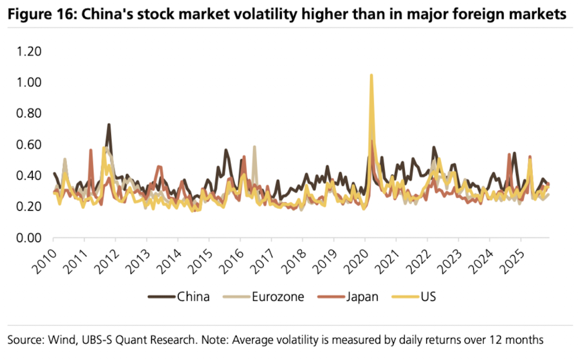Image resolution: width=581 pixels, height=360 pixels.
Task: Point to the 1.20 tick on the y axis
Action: (29, 52)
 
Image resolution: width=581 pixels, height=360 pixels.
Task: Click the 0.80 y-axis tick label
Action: (29, 114)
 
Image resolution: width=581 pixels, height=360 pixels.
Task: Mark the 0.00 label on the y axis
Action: (29, 238)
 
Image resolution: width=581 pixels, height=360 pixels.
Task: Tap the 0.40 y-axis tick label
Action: (29, 176)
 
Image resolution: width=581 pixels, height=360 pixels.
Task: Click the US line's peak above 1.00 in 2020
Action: (371, 75)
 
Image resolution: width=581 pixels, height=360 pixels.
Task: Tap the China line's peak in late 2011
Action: (108, 124)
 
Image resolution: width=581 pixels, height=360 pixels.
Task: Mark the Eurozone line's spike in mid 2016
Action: (254, 147)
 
